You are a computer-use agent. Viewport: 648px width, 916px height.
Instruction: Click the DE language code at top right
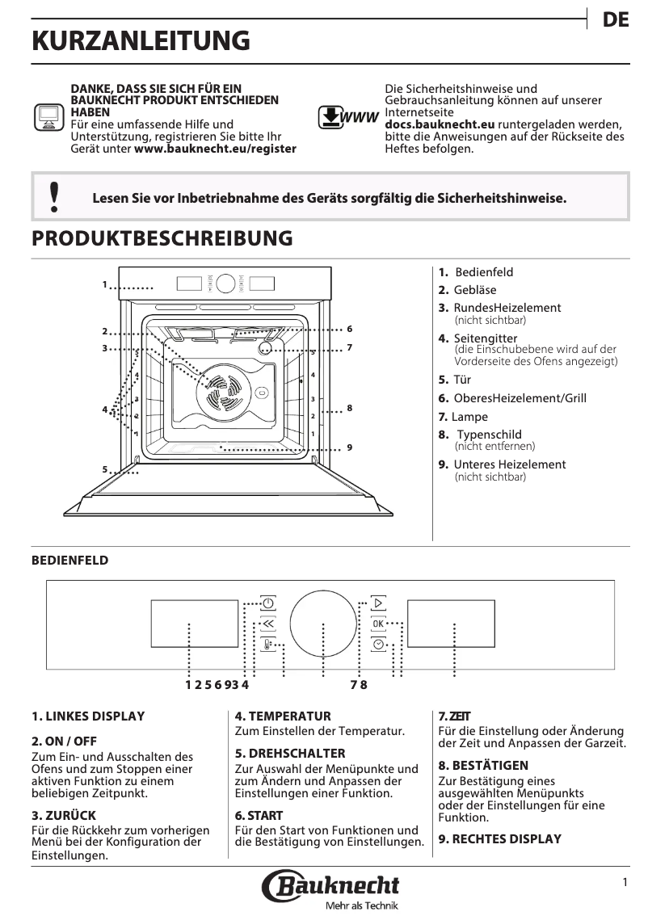click(x=616, y=20)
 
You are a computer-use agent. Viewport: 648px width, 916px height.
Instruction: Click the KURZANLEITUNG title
click(x=141, y=41)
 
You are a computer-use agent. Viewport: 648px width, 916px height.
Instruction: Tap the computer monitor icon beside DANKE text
click(x=48, y=117)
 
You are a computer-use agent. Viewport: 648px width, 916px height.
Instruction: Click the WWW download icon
click(x=348, y=118)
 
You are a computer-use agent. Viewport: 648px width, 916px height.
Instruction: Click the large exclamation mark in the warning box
click(x=54, y=197)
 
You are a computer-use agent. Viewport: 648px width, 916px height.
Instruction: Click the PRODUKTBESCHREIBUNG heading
click(x=162, y=238)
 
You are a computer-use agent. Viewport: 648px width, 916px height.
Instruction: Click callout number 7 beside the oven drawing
click(x=350, y=347)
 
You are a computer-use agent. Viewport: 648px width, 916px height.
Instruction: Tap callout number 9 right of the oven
click(x=350, y=447)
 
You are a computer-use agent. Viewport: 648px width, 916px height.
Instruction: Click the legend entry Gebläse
click(x=474, y=290)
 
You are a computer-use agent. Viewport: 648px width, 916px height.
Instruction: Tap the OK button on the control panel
click(x=378, y=624)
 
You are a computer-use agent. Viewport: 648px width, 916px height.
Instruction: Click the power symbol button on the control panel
click(x=268, y=603)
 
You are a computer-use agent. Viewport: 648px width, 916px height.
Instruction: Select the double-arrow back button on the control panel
click(x=268, y=624)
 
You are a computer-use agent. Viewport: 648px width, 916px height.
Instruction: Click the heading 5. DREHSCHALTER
click(x=279, y=753)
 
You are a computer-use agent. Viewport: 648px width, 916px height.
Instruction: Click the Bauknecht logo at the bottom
click(x=330, y=886)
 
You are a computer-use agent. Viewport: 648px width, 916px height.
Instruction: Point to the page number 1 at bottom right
click(x=625, y=883)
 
